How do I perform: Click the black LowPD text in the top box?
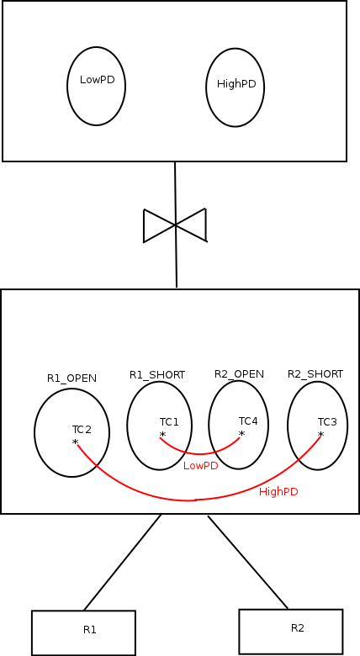(97, 80)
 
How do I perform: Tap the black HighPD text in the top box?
(236, 84)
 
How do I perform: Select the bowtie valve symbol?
(175, 225)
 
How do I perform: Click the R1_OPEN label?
(71, 378)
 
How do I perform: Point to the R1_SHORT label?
(157, 375)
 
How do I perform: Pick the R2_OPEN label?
(239, 374)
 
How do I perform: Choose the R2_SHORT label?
(315, 374)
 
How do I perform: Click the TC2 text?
(82, 429)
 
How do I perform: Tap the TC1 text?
(169, 422)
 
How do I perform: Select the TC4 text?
(248, 421)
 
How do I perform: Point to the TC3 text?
(327, 422)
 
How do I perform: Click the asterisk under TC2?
(76, 442)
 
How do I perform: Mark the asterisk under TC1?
(162, 435)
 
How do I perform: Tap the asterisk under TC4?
(241, 434)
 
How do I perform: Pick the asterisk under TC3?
(320, 435)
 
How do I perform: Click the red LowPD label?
(201, 466)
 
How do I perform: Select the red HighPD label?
(278, 492)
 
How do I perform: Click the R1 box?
(83, 633)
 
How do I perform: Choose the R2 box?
(291, 632)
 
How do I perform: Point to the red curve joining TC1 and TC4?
(199, 453)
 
